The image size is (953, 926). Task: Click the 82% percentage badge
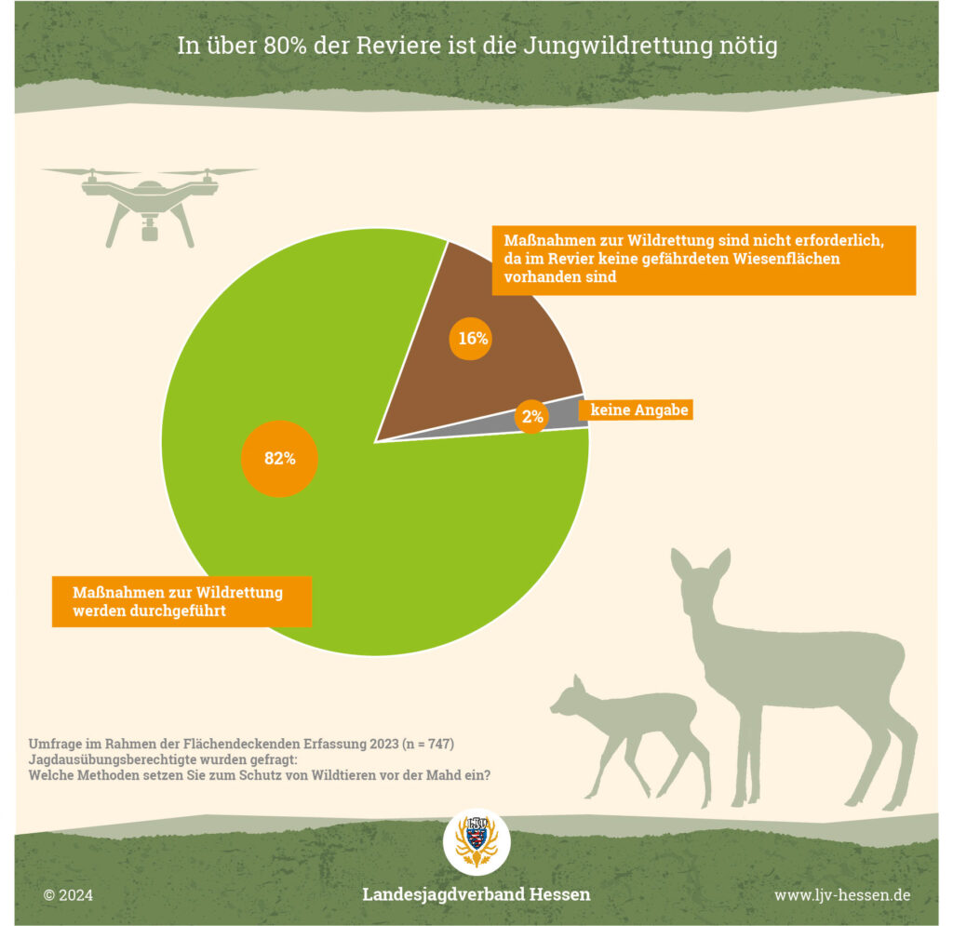tap(279, 458)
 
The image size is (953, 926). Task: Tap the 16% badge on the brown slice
tap(473, 339)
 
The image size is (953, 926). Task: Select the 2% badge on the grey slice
tap(532, 417)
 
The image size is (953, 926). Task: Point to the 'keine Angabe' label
tap(636, 409)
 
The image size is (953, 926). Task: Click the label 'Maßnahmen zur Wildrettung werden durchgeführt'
tap(181, 602)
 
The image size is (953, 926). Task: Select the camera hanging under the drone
tap(149, 229)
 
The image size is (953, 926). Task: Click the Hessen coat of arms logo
tap(476, 840)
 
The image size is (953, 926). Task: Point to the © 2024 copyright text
tap(68, 895)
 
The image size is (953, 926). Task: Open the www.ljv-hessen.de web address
tap(842, 895)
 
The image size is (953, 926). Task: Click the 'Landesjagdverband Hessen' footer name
tap(476, 894)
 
